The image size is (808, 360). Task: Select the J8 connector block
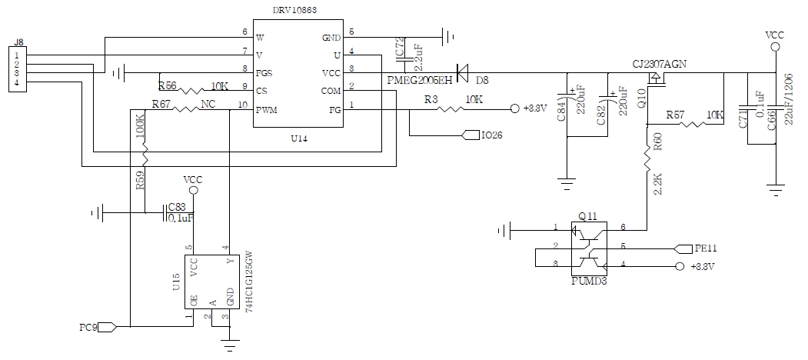pyautogui.click(x=16, y=67)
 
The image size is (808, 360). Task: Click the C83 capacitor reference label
pyautogui.click(x=177, y=207)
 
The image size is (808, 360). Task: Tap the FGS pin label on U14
pyautogui.click(x=264, y=73)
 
